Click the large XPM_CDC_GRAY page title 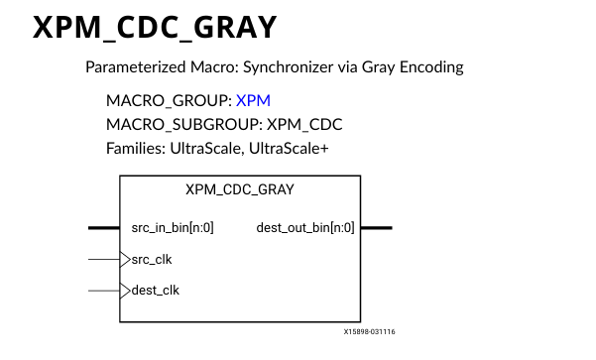[155, 29]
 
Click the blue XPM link [253, 101]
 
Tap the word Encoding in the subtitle [432, 68]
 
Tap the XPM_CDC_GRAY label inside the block [240, 189]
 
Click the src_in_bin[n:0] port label [173, 227]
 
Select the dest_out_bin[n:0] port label [305, 227]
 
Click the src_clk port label [152, 259]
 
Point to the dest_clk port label [156, 291]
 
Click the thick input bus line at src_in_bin [103, 227]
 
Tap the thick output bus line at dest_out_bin [376, 227]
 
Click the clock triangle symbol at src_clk [125, 259]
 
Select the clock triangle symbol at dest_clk [125, 291]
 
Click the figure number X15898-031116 [369, 333]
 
